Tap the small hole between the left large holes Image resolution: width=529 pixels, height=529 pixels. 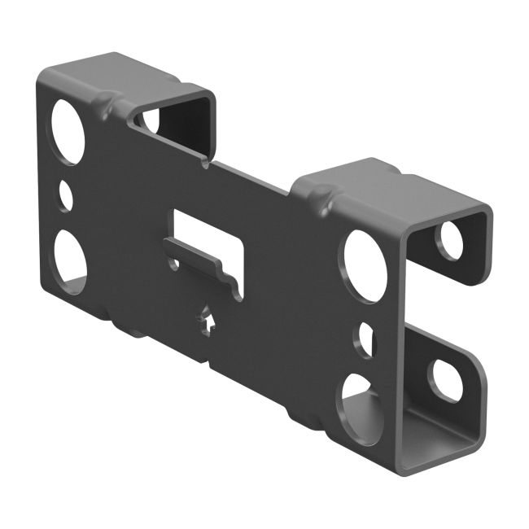[x=66, y=196]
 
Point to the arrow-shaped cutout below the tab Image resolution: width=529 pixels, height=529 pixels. [x=209, y=320]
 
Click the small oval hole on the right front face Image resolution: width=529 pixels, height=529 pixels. [x=366, y=339]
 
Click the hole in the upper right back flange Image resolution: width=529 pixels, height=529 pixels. [x=449, y=239]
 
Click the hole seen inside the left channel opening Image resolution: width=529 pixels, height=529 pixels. [x=151, y=120]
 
